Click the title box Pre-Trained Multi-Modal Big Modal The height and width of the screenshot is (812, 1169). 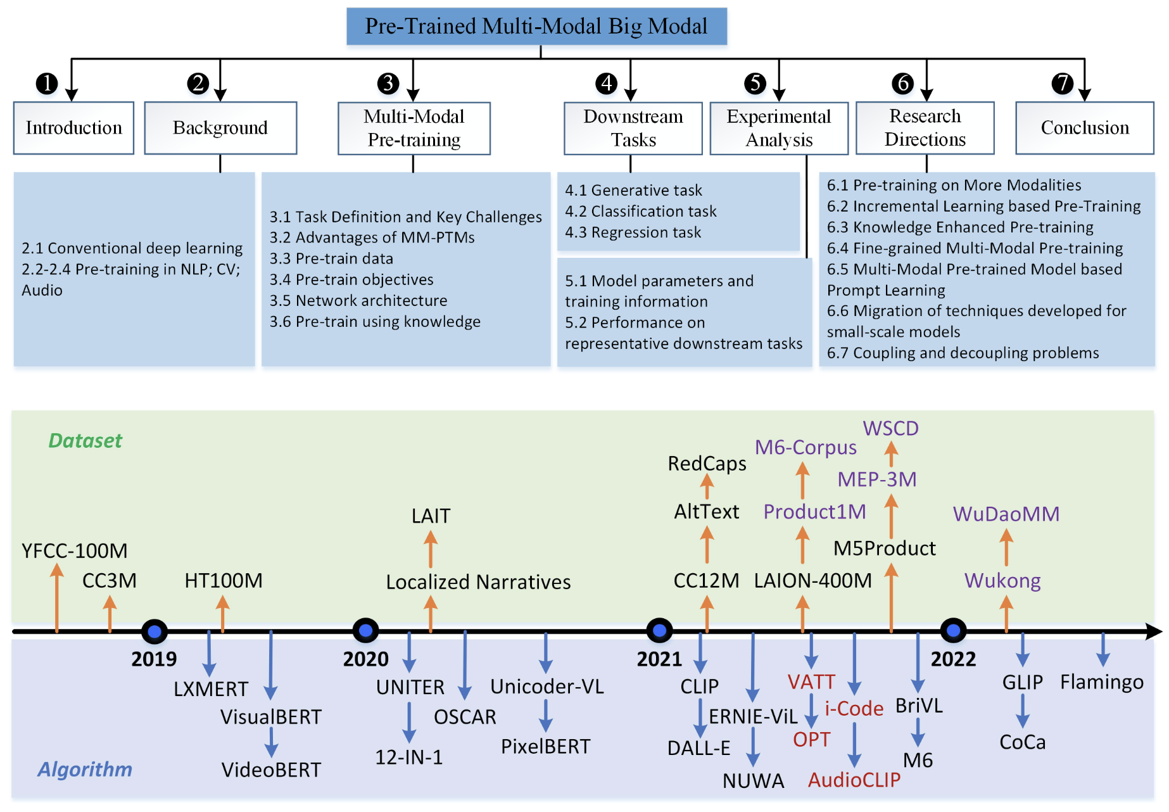[x=536, y=27]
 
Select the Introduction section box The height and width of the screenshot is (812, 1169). [x=73, y=128]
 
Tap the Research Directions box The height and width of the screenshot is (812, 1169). [x=925, y=128]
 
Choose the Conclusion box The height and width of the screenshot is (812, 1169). [x=1084, y=128]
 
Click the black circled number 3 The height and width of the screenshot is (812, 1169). [x=388, y=83]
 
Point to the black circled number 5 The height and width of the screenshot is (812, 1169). [x=755, y=83]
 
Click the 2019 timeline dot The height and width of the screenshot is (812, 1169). [x=155, y=631]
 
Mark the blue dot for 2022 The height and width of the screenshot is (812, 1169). [x=953, y=630]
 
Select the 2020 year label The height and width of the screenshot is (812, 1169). [x=365, y=659]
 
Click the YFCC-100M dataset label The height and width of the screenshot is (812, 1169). [x=75, y=551]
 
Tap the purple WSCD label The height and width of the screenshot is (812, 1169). [x=890, y=429]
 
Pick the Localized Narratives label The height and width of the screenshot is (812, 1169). [x=478, y=582]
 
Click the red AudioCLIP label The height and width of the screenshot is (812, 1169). [x=854, y=780]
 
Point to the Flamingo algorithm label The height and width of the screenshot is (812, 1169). [x=1102, y=682]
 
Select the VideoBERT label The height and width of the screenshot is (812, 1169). [x=271, y=770]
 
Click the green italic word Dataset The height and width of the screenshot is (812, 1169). [x=85, y=441]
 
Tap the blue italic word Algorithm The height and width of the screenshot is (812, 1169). [x=85, y=770]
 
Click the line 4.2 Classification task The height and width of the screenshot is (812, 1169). [x=640, y=212]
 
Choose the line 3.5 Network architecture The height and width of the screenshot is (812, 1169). [x=358, y=301]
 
